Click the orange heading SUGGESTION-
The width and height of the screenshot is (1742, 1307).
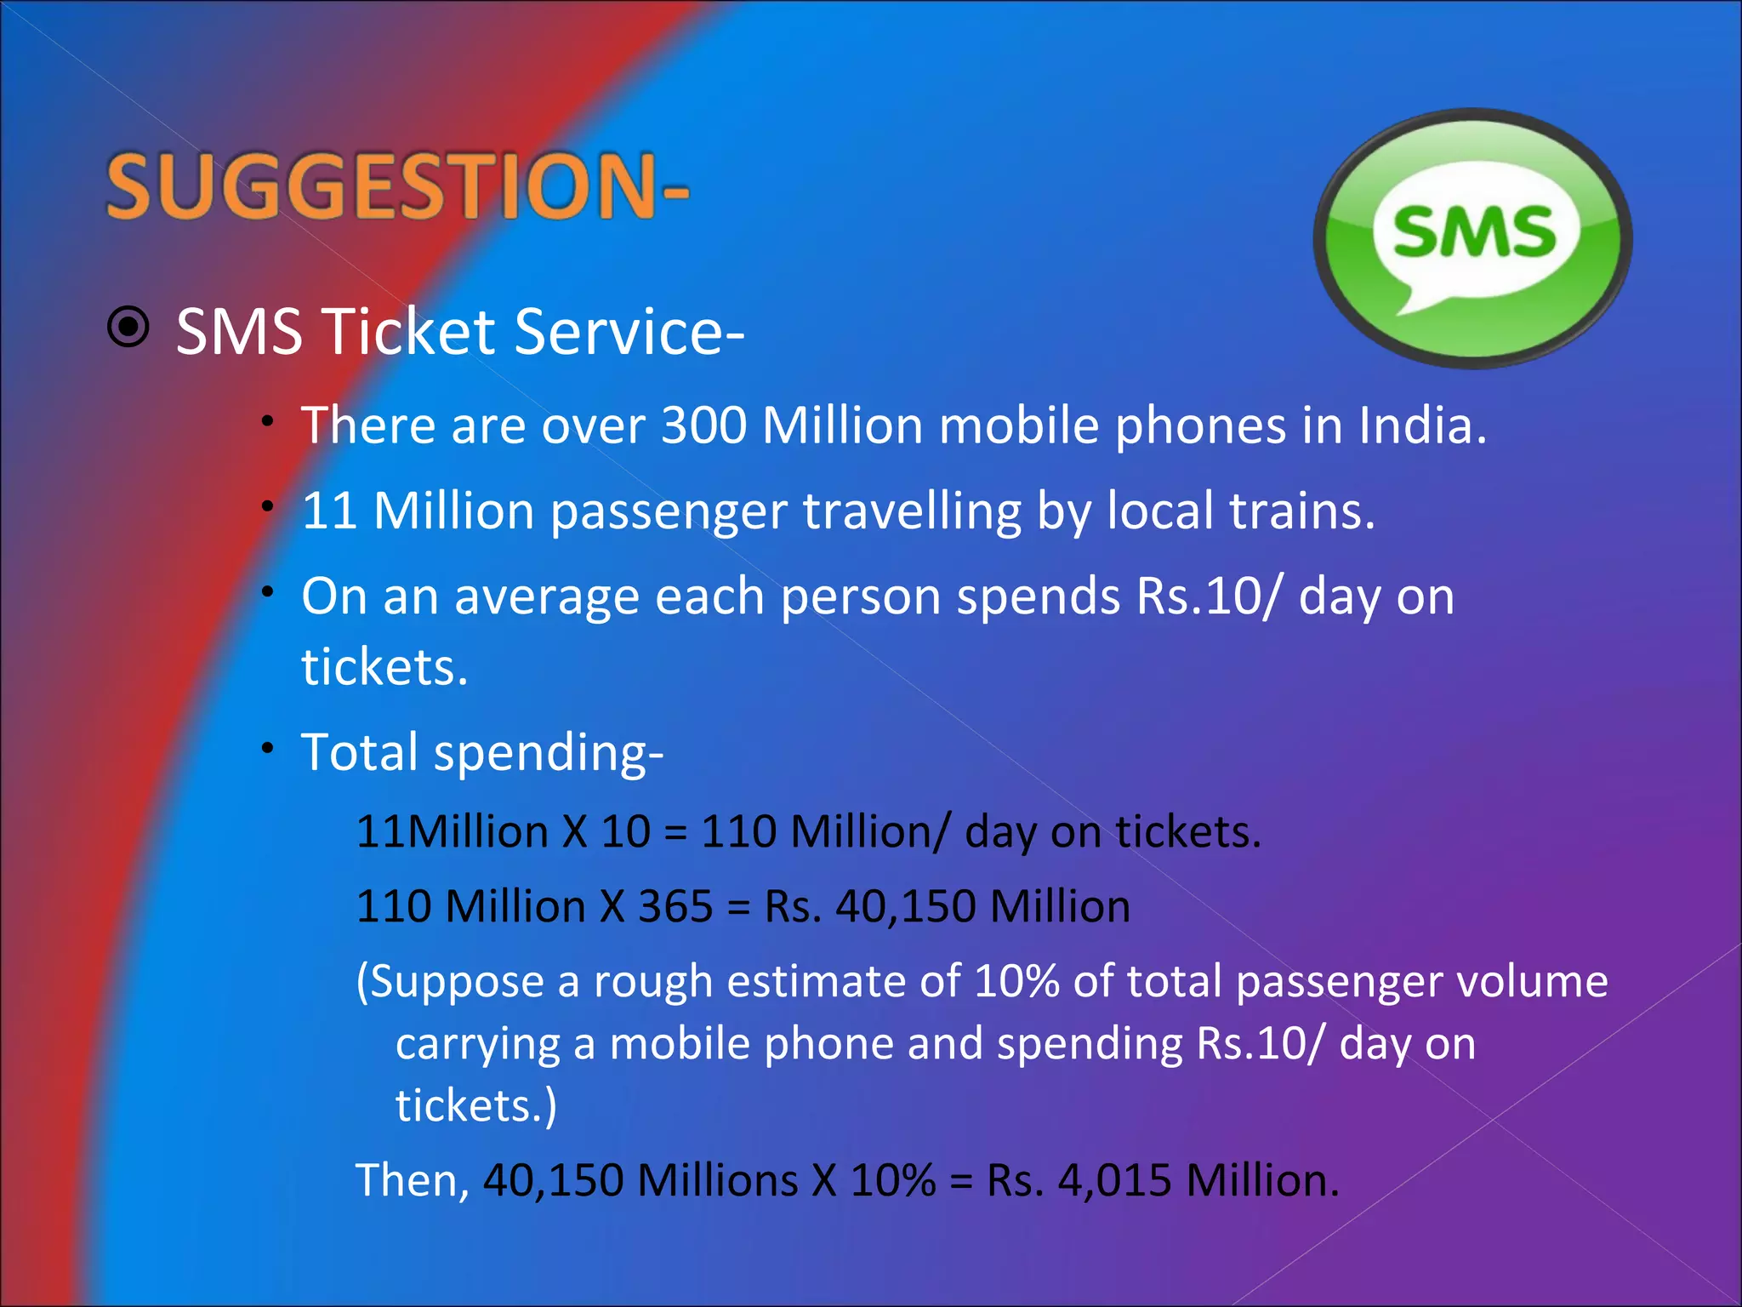[396, 185]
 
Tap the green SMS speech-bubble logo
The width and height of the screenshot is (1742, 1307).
[1473, 238]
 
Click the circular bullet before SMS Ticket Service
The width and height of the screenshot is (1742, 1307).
[128, 327]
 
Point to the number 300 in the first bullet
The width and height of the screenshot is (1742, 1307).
[703, 425]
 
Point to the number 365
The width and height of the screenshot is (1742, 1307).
[675, 906]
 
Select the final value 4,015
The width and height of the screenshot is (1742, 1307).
[1114, 1181]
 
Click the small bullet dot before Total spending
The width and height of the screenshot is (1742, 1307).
[268, 749]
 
